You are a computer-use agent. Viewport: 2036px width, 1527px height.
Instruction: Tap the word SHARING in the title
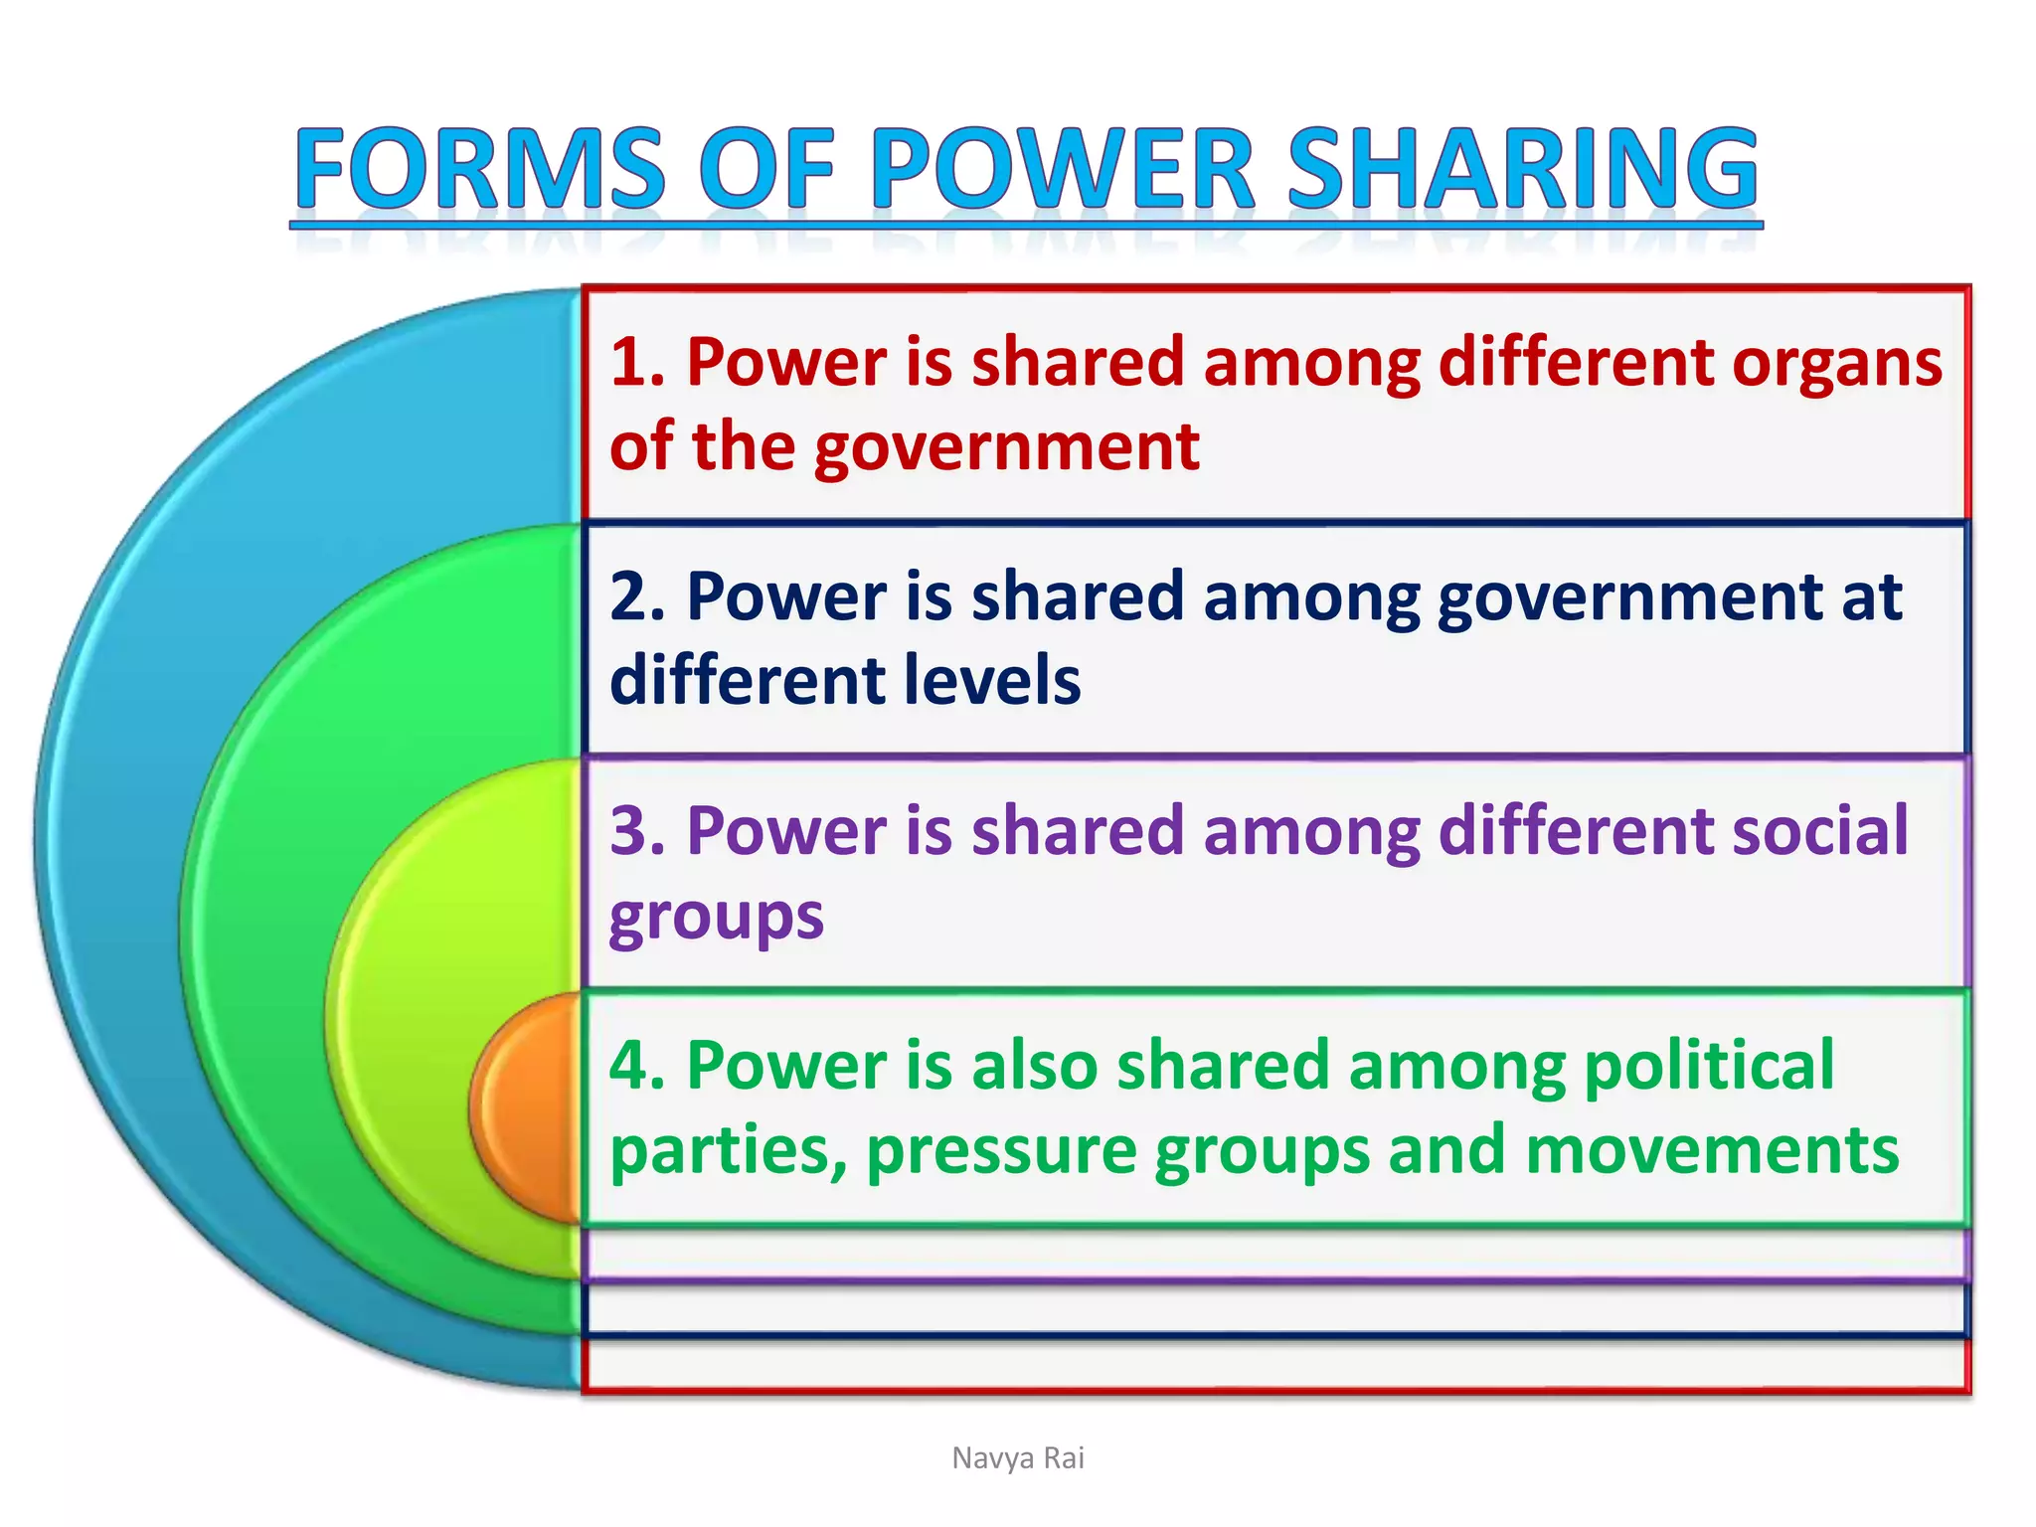(x=1523, y=169)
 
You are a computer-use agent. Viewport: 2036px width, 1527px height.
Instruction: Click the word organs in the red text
(x=1837, y=364)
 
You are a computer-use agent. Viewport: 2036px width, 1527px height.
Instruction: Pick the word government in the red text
(x=1006, y=447)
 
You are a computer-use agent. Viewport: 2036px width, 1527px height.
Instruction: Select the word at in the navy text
(x=1871, y=596)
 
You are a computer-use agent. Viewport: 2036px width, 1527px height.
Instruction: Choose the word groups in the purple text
(x=716, y=917)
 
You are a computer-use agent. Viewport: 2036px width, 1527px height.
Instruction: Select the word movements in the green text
(x=1712, y=1150)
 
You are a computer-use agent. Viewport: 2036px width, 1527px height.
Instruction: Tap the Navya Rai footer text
(x=1018, y=1457)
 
